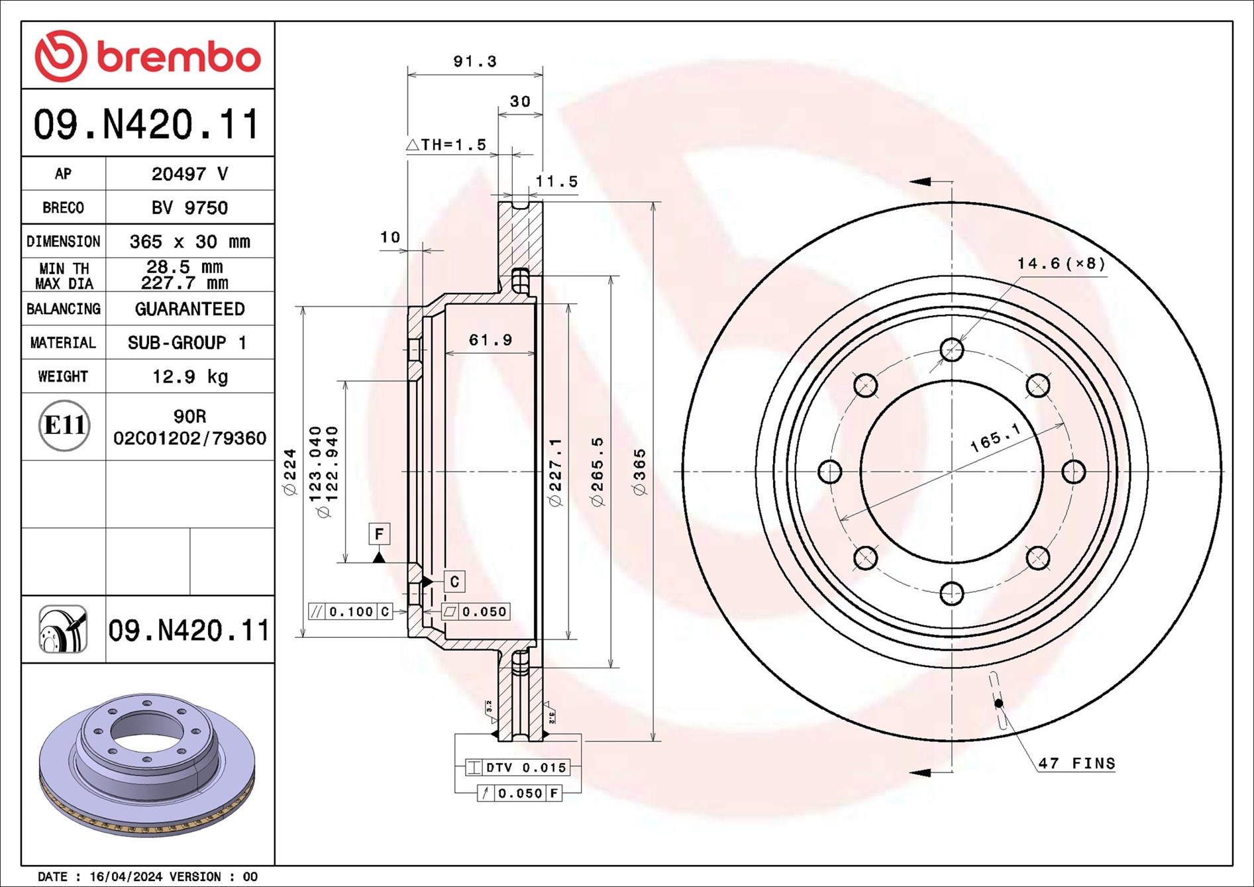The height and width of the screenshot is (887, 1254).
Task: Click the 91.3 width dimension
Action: coord(474,62)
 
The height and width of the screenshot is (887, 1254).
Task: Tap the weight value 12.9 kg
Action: coord(189,377)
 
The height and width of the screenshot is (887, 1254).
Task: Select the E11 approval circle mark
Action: coord(64,425)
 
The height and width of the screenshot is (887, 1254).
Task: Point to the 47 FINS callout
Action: coord(1076,764)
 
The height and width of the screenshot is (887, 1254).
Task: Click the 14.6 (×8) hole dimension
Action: coord(1061,264)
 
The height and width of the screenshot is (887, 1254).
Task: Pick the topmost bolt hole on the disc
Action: coord(951,350)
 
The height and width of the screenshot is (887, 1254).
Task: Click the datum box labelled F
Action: coord(379,534)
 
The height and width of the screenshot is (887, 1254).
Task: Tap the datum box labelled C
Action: coord(454,582)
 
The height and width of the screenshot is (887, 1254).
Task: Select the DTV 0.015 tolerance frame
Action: coord(517,768)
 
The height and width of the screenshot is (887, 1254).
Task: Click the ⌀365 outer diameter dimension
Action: coord(640,472)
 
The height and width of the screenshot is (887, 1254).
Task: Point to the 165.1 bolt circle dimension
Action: coord(994,438)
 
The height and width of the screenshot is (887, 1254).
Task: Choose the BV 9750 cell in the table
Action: coord(189,208)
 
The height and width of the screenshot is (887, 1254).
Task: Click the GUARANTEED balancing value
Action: coord(189,309)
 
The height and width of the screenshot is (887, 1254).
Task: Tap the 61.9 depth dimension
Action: coord(490,340)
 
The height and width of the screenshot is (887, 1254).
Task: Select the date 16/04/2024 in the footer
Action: coord(125,876)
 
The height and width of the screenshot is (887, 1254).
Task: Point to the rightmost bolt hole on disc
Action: coord(1073,472)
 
